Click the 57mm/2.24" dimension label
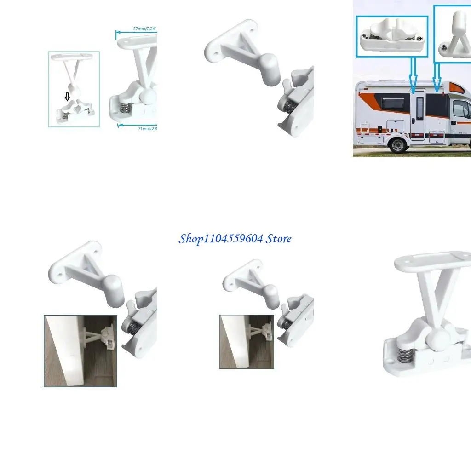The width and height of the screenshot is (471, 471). (x=144, y=29)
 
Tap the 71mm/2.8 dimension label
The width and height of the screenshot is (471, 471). (x=147, y=129)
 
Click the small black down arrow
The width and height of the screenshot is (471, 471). (x=67, y=97)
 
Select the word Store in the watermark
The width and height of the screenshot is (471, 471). (x=278, y=239)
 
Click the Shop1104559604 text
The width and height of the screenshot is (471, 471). (x=221, y=239)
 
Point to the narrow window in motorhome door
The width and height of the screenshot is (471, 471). (x=419, y=110)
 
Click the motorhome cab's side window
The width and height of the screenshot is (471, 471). (x=461, y=109)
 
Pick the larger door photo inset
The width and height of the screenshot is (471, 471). (x=80, y=350)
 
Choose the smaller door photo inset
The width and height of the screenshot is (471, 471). (x=247, y=341)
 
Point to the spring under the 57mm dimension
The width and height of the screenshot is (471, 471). (x=124, y=109)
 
